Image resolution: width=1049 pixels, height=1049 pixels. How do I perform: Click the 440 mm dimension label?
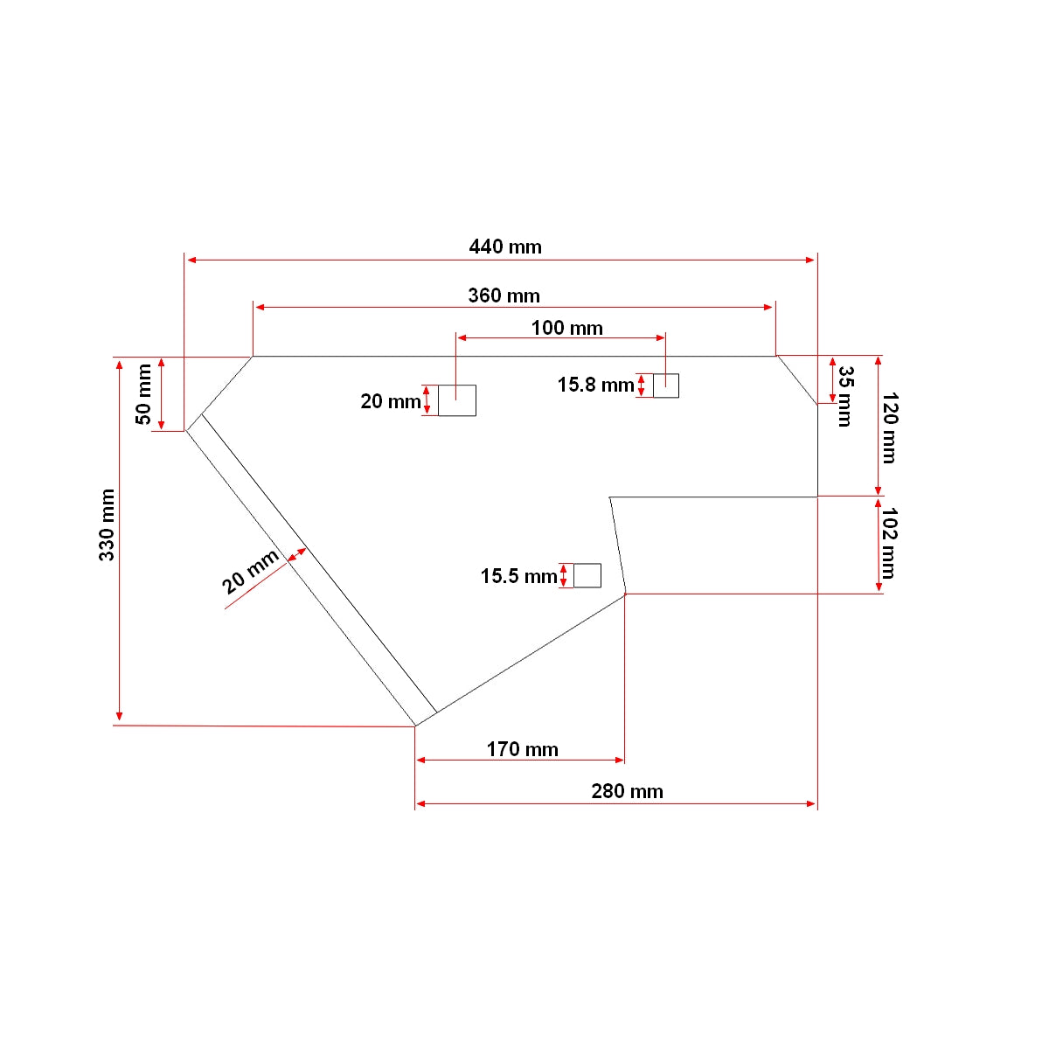504,247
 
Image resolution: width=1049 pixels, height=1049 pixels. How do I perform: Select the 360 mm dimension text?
504,295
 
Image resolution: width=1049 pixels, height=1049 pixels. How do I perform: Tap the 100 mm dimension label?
566,328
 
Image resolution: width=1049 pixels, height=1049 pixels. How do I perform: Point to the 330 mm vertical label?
107,524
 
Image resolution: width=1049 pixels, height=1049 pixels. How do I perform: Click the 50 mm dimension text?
143,393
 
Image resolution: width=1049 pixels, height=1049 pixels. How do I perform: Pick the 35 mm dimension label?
844,396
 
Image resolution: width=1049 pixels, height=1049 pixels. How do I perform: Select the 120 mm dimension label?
890,427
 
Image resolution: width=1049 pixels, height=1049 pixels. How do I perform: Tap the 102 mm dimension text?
890,543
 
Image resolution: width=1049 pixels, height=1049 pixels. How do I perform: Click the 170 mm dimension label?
522,749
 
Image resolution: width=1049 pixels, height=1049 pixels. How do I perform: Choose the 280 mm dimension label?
627,791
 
